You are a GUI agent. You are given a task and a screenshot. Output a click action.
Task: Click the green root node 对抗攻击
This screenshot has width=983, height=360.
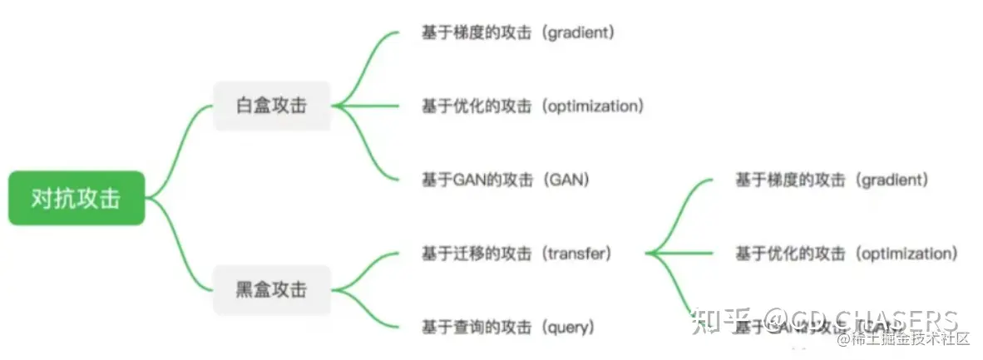[x=77, y=199]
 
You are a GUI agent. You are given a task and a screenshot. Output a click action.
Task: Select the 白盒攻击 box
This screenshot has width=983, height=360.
[x=271, y=106]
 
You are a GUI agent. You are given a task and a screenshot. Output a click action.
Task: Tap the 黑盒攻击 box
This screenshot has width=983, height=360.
[x=271, y=289]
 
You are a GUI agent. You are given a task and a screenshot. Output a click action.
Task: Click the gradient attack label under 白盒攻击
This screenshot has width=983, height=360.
[x=517, y=33]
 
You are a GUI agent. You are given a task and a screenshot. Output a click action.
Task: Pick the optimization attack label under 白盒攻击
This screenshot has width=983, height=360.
[x=532, y=106]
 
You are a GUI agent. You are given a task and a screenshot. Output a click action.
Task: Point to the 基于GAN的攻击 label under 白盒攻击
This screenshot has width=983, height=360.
[x=506, y=179]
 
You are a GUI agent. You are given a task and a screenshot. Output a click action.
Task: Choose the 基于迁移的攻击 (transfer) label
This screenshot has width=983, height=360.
[x=516, y=254]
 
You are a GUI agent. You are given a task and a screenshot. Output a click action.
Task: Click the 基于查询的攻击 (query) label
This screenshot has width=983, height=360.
[x=508, y=327]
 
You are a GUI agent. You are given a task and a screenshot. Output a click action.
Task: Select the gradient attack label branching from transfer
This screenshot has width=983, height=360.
[x=831, y=180]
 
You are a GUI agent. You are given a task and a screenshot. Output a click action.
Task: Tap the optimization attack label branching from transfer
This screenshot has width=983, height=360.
[x=846, y=254]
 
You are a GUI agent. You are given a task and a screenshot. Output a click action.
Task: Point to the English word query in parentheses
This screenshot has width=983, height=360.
[x=569, y=327]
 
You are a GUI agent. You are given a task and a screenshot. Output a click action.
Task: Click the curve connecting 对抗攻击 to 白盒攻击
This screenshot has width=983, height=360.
[x=179, y=141]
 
